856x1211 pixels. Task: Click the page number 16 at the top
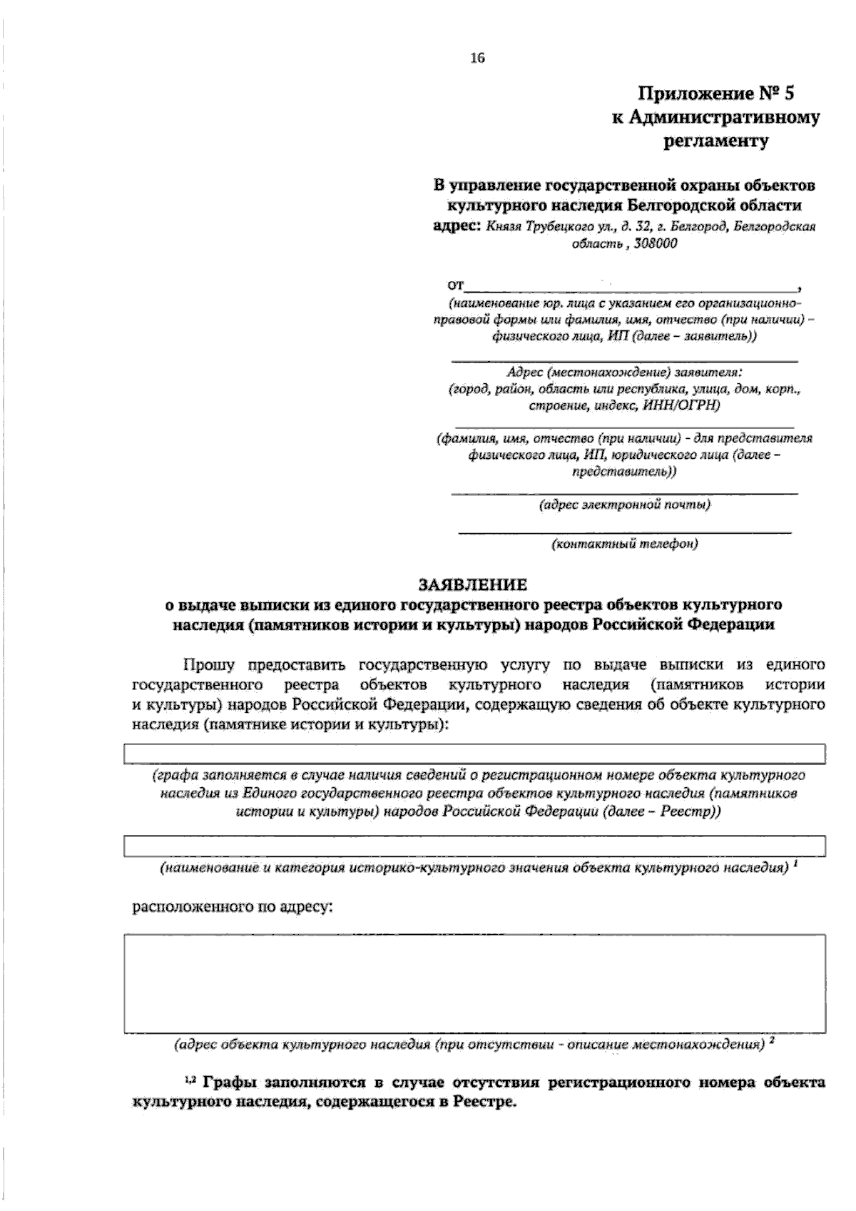pyautogui.click(x=477, y=59)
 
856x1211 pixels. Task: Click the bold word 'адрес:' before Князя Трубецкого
pyautogui.click(x=458, y=226)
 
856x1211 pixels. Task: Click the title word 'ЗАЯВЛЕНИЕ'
pyautogui.click(x=472, y=584)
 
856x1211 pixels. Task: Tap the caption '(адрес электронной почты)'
pyautogui.click(x=624, y=505)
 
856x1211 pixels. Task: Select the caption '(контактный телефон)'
pyautogui.click(x=624, y=544)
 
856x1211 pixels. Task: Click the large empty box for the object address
pyautogui.click(x=474, y=983)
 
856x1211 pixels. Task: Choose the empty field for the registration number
pyautogui.click(x=474, y=754)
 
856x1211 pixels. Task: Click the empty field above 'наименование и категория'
pyautogui.click(x=474, y=846)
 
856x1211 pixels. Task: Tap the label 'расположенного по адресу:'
pyautogui.click(x=233, y=907)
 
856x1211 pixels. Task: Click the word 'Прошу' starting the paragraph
pyautogui.click(x=209, y=665)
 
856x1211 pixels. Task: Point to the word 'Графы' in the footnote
pyautogui.click(x=229, y=1083)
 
